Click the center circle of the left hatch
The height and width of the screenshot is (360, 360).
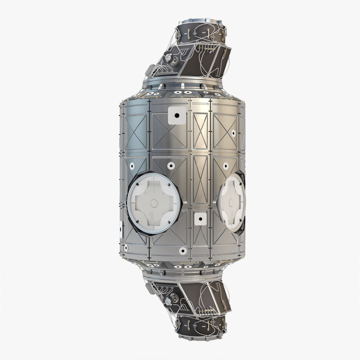[x=154, y=203]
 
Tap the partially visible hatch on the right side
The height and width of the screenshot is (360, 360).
[x=232, y=202]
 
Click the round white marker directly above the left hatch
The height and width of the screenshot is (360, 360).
[x=171, y=165]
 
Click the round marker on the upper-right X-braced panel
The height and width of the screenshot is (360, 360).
[x=233, y=133]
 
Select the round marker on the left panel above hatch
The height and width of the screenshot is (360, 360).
[x=132, y=166]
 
